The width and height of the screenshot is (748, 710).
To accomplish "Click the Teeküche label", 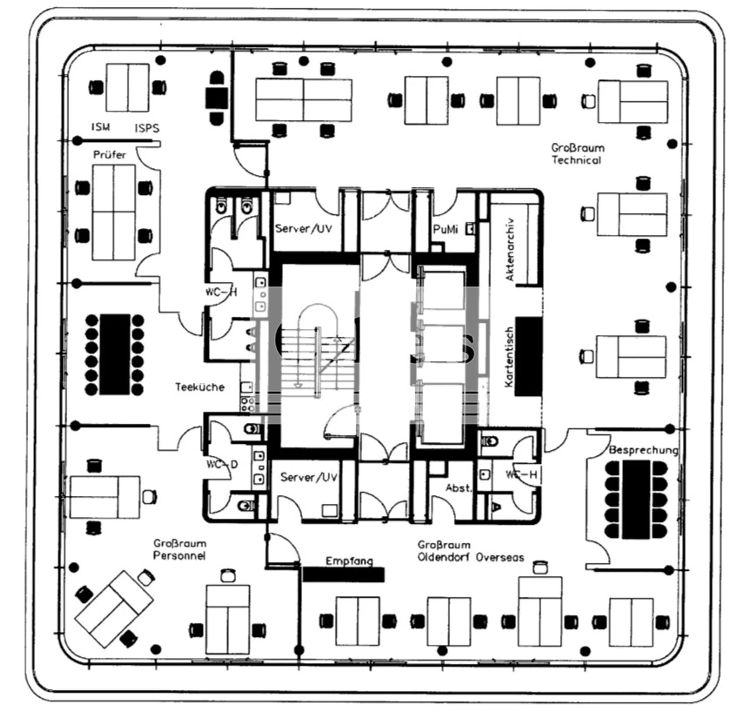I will [x=200, y=387].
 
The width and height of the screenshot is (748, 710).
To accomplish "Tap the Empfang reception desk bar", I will [x=343, y=575].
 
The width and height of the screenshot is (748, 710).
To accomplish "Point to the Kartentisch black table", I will [x=528, y=356].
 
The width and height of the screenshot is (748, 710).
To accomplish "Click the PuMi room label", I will [x=445, y=229].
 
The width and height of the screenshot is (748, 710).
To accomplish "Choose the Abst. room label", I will [x=459, y=488].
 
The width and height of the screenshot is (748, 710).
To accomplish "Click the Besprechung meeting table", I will [x=636, y=500].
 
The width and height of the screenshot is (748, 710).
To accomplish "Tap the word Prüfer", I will [x=109, y=155].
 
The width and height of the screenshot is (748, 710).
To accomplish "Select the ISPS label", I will [x=147, y=128].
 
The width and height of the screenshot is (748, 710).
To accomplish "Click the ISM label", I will [x=101, y=127].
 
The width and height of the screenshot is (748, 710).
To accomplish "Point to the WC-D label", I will [x=222, y=465].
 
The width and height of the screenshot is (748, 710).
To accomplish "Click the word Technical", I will [x=576, y=160].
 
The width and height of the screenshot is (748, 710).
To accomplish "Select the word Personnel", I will [x=179, y=556].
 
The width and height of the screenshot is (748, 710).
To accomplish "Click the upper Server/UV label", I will [x=304, y=229].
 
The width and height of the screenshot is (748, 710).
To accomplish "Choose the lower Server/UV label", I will [x=309, y=477].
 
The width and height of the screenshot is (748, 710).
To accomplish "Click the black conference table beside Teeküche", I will [x=115, y=354].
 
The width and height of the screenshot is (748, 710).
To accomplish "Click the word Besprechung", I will [x=643, y=450].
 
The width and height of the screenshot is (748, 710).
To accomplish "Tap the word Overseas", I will [x=500, y=557].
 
